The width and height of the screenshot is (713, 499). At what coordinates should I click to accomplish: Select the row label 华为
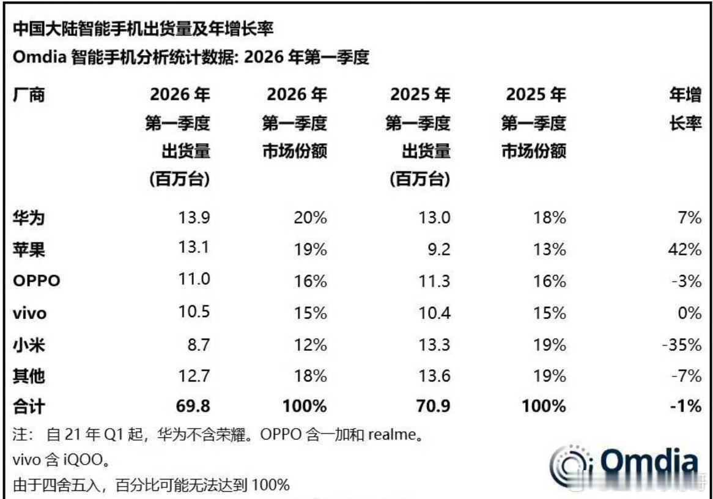tap(28, 218)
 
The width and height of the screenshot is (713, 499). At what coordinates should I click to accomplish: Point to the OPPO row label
tap(37, 281)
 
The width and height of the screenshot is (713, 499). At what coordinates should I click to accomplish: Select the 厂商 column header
tap(28, 95)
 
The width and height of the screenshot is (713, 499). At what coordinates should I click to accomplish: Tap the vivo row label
tap(29, 313)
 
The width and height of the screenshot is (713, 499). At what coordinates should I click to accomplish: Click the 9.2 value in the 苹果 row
tap(438, 249)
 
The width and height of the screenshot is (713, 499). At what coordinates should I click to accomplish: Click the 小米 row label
tap(28, 345)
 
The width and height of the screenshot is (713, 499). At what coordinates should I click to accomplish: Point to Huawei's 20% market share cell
tap(310, 218)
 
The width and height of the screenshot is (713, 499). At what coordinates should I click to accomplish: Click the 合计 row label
tap(28, 405)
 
